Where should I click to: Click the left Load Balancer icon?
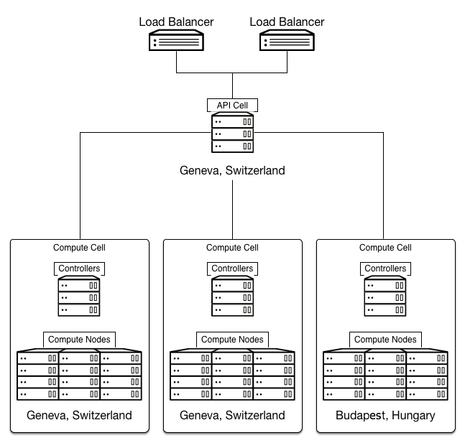[x=176, y=40]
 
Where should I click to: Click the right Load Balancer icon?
[x=287, y=40]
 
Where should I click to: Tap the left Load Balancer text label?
[x=176, y=22]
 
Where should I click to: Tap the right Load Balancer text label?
[x=287, y=22]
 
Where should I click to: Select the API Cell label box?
[x=232, y=106]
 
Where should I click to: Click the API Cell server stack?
[x=233, y=132]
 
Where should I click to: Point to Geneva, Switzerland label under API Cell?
[x=232, y=170]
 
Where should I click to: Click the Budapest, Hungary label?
[x=385, y=416]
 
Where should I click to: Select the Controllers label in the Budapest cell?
[x=385, y=269]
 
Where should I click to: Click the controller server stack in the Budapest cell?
[x=385, y=296]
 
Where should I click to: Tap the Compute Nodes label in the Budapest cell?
[x=385, y=340]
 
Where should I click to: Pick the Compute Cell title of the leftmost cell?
[x=79, y=248]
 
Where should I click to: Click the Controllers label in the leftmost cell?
[x=79, y=269]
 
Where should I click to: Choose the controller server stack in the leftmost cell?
[x=79, y=296]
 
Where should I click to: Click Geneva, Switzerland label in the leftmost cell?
[x=79, y=416]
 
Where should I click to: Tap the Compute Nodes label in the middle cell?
[x=232, y=340]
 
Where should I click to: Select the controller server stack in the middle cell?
[x=233, y=296]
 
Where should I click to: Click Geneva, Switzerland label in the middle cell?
[x=232, y=416]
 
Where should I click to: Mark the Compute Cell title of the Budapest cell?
[x=385, y=248]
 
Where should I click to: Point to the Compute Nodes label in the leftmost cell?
[x=79, y=340]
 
